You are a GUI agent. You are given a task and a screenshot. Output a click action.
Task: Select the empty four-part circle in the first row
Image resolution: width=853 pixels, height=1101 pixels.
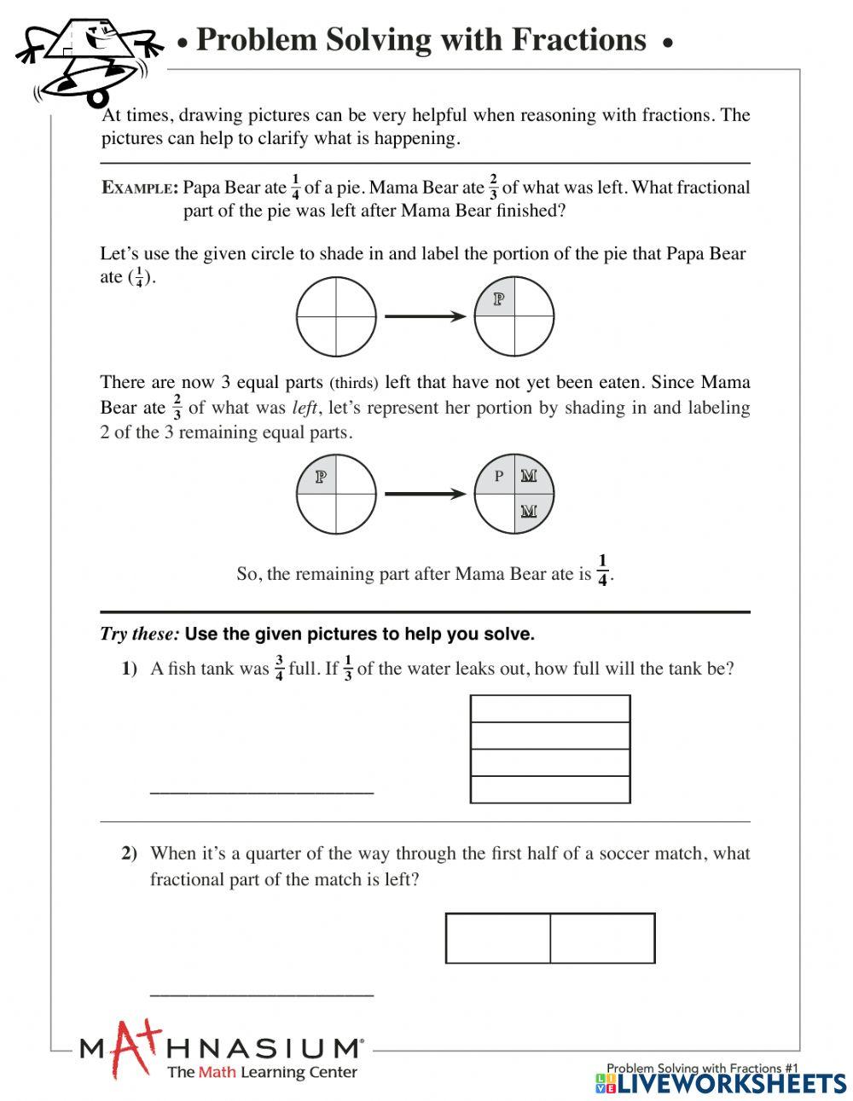point(336,317)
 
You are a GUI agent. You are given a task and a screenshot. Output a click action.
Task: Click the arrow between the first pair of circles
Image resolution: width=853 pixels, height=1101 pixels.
point(425,317)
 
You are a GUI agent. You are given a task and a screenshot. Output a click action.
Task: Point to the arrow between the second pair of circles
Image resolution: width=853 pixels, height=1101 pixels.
point(425,494)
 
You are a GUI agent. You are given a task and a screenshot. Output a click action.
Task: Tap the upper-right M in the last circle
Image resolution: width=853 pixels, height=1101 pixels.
point(529,476)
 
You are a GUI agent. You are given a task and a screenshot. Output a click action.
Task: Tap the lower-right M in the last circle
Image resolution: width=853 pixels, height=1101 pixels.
point(529,511)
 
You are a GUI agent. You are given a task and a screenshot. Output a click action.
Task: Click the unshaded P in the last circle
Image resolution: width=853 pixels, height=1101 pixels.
point(499,476)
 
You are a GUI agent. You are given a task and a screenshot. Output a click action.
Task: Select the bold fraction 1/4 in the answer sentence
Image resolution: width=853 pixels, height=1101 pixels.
point(602,571)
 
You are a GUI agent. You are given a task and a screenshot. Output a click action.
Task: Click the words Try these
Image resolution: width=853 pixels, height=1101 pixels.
point(140,635)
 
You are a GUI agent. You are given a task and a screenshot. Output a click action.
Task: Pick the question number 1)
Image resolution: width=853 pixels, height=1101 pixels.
point(129,669)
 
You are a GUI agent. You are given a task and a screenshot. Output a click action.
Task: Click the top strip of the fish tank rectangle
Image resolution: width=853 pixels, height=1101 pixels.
point(550,709)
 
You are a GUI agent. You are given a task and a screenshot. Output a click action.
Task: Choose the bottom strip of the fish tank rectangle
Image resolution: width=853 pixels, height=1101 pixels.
point(550,790)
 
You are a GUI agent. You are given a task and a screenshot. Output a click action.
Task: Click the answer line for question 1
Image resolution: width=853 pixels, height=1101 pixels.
point(262,792)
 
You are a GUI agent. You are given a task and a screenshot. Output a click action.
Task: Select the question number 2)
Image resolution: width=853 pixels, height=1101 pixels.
point(129,854)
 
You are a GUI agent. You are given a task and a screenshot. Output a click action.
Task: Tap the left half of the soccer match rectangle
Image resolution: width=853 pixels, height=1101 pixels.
point(498,938)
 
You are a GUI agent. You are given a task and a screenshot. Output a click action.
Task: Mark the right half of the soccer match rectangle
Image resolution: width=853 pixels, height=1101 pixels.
point(602,938)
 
